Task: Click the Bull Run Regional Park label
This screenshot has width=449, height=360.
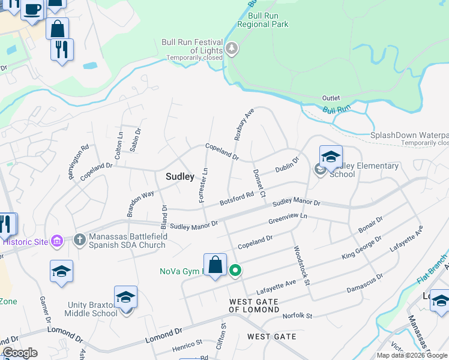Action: click(263, 20)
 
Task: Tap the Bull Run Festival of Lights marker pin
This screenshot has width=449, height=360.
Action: click(232, 49)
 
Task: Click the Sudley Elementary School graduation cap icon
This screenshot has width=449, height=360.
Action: click(331, 157)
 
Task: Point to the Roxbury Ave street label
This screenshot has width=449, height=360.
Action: click(244, 124)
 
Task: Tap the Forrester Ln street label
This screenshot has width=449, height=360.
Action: click(203, 184)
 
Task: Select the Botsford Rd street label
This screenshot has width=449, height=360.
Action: click(237, 197)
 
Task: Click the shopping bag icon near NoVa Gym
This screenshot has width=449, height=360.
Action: click(215, 265)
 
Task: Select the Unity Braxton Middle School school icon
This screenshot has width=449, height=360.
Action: click(125, 298)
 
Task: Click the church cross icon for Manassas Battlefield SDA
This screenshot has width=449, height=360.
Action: click(79, 240)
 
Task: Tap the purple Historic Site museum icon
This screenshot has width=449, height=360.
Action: click(57, 242)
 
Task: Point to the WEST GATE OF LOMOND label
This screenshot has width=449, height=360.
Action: click(254, 305)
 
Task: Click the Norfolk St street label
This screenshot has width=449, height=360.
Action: click(298, 316)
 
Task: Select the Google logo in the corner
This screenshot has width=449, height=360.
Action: click(20, 353)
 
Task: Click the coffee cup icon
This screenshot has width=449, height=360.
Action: click(34, 10)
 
